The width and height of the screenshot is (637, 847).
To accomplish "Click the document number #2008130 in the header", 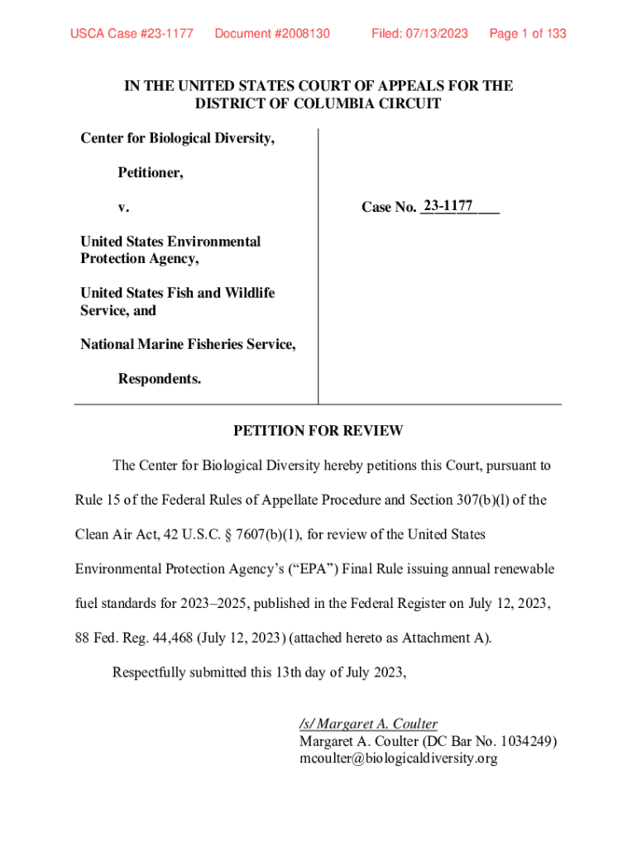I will [x=272, y=34].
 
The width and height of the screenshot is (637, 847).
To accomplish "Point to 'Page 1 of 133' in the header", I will [x=528, y=34].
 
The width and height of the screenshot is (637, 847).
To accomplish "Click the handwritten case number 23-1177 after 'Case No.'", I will [x=447, y=205].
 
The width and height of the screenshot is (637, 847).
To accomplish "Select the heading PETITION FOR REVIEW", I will [x=318, y=431].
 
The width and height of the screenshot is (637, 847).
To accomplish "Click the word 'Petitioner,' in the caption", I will [x=151, y=174].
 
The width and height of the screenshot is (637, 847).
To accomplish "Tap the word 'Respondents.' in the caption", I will [x=160, y=380].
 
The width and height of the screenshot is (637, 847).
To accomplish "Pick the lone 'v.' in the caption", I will [x=123, y=208].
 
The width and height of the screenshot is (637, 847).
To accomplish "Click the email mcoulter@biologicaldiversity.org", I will [x=398, y=758].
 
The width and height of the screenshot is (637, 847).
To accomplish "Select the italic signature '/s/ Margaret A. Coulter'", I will [x=368, y=724].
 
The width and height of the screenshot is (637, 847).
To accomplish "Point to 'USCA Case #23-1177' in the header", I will [x=132, y=34].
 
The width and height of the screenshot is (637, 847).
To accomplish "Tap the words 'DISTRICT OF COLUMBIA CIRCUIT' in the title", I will [x=318, y=104].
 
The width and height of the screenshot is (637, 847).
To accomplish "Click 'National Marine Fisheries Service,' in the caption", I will [x=188, y=345].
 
